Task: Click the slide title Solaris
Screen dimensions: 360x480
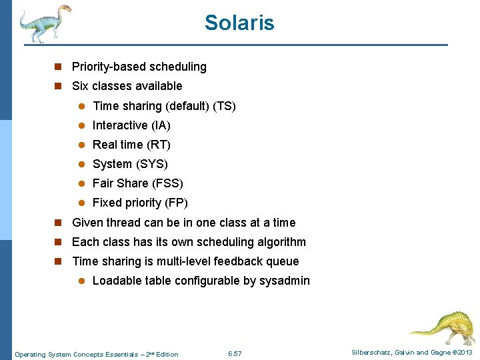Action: (x=239, y=23)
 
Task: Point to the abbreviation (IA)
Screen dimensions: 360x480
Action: (x=161, y=125)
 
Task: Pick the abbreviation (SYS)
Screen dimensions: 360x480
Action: (x=152, y=164)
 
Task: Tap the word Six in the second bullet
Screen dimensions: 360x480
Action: (x=80, y=86)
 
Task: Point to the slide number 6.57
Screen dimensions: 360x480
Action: (x=235, y=354)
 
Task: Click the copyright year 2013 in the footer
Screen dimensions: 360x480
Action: (x=464, y=353)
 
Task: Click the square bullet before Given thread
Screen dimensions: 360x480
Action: (x=58, y=223)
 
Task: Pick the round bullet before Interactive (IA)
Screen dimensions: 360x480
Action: (x=81, y=125)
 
